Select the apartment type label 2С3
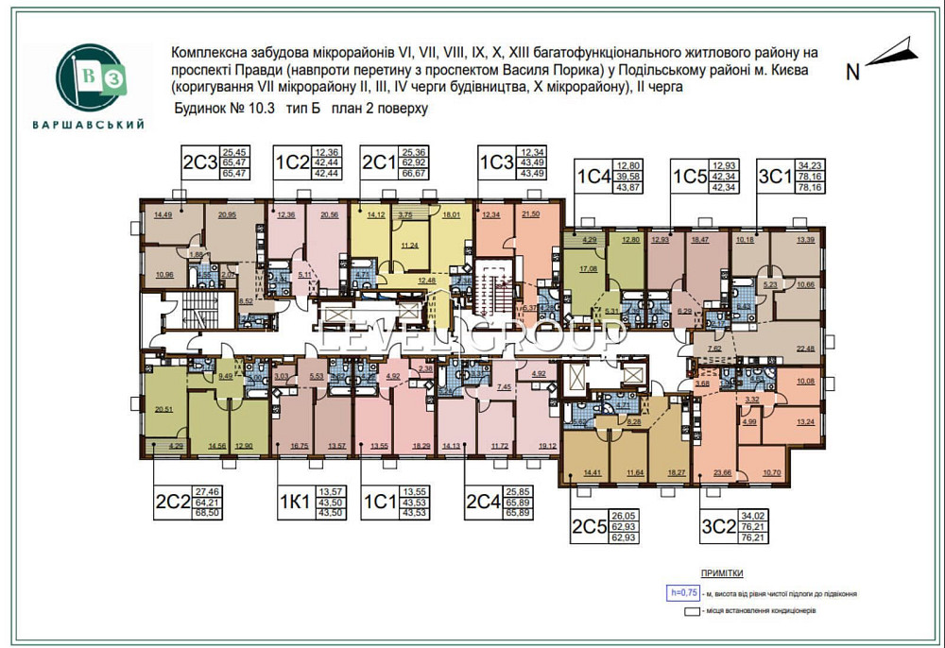pyautogui.click(x=199, y=163)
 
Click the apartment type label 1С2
pyautogui.click(x=292, y=163)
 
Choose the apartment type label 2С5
pyautogui.click(x=588, y=526)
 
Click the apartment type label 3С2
pyautogui.click(x=720, y=526)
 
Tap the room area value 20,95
pyautogui.click(x=227, y=214)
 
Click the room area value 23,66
pyautogui.click(x=724, y=472)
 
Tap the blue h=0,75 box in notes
pyautogui.click(x=682, y=592)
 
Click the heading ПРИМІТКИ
pyautogui.click(x=721, y=573)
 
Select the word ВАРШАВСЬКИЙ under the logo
pyautogui.click(x=88, y=124)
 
